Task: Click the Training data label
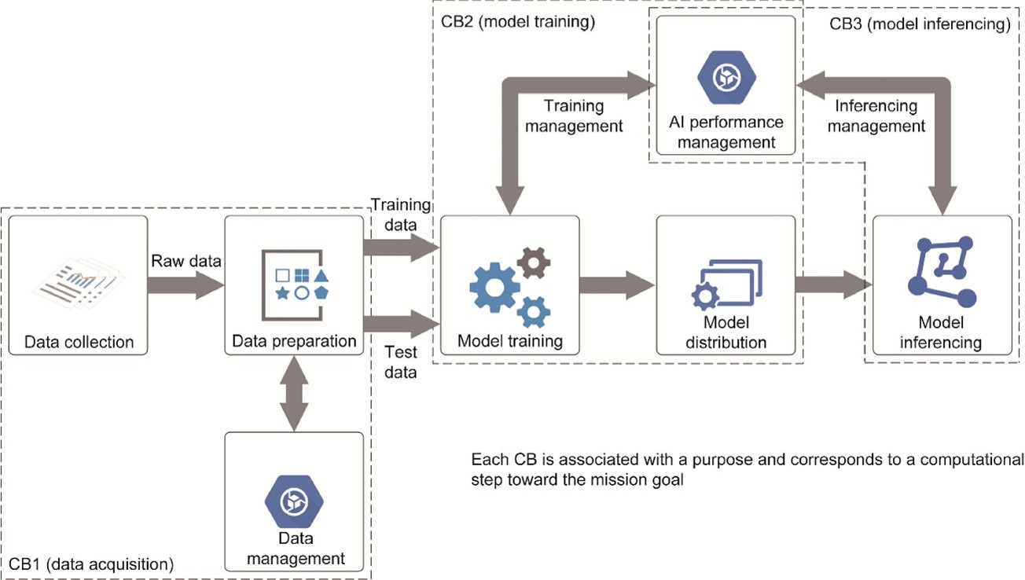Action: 401,215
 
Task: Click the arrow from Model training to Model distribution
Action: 617,285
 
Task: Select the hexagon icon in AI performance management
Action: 726,76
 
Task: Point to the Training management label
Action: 583,115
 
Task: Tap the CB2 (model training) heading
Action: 517,22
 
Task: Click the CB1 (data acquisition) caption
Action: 91,563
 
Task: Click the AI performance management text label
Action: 726,132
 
